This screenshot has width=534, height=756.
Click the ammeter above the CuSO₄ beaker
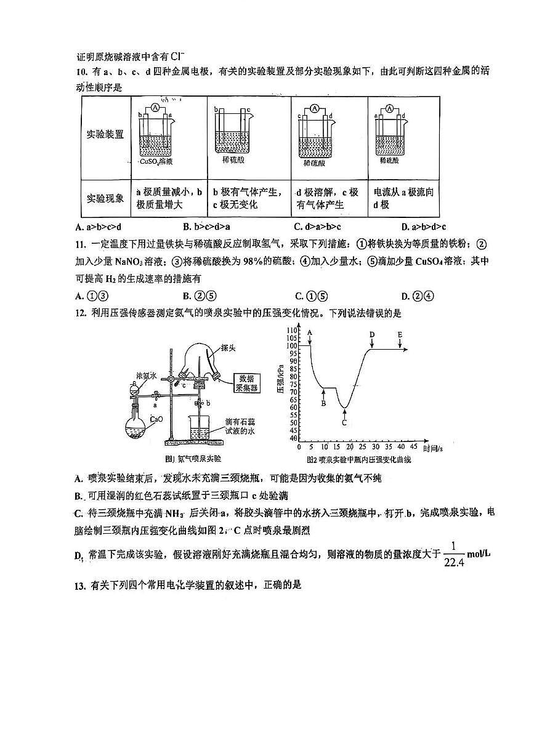click(156, 108)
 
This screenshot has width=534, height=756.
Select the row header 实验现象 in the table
click(105, 198)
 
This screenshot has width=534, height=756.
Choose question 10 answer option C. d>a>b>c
click(317, 227)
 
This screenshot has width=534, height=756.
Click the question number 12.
click(79, 313)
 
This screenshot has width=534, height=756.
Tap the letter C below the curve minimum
click(344, 422)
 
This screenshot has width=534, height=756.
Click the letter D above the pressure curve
click(372, 334)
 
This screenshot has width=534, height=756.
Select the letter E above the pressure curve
click(400, 334)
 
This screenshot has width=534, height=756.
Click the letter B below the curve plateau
click(323, 403)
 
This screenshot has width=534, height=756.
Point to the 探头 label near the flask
click(228, 348)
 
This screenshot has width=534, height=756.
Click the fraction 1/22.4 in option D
click(453, 553)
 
